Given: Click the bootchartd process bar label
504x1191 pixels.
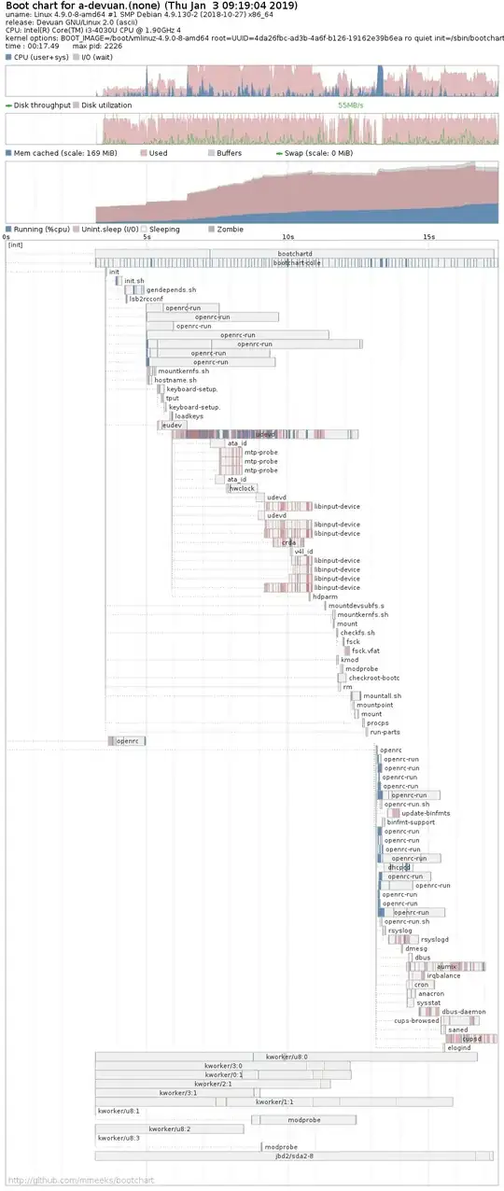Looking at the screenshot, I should [x=295, y=254].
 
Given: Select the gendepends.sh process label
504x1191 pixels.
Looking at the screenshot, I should [x=171, y=290].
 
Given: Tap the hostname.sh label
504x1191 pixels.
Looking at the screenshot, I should [x=175, y=380].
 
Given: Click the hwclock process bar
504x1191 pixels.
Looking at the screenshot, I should [x=242, y=488].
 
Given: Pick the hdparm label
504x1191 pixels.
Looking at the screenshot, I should [x=325, y=596].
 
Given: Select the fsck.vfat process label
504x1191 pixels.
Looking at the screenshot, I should [x=365, y=651].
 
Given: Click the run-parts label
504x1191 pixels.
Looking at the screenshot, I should [x=385, y=732].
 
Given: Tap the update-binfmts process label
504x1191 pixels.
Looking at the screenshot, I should [x=426, y=813].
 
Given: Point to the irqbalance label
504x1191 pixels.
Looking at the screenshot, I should [x=443, y=975].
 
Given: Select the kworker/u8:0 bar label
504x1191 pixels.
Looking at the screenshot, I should [x=287, y=1057].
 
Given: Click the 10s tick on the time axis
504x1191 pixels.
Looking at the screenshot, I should [x=288, y=237].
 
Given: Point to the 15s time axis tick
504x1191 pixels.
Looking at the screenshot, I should [x=428, y=237].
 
